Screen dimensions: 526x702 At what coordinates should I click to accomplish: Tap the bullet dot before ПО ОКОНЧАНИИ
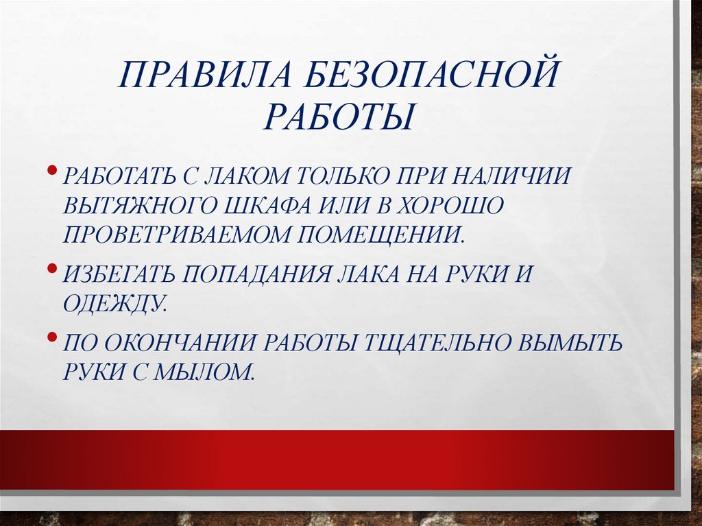tap(53, 337)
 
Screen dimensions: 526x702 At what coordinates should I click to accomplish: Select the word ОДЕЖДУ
tap(115, 302)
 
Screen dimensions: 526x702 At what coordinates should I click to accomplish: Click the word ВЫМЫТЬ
tap(570, 343)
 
